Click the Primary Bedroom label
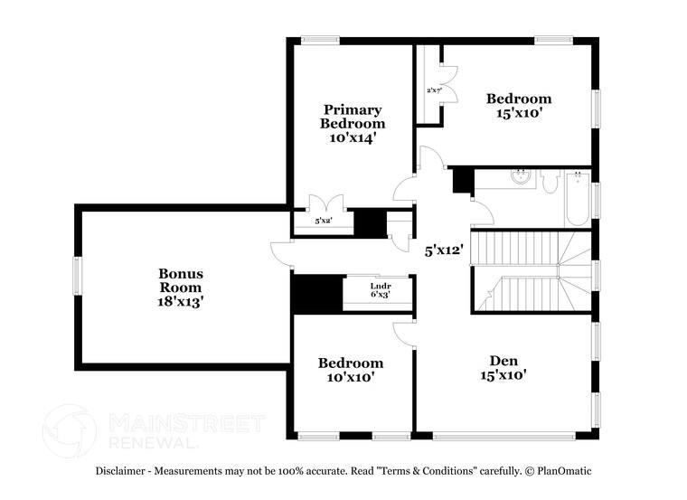coord(352,116)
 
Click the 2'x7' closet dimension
coord(433,90)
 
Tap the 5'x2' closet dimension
coord(321,221)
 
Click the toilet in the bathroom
coord(551,182)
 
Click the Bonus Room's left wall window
coord(76,275)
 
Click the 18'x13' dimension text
coord(181,303)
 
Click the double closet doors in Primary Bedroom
coord(321,203)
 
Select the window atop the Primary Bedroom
coord(319,39)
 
